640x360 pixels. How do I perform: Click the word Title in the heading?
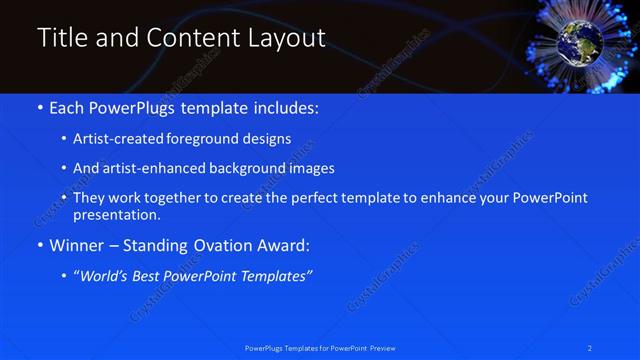point(59,38)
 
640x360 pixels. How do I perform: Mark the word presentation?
point(116,214)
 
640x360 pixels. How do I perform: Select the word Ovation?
point(228,244)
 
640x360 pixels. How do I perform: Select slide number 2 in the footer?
point(590,347)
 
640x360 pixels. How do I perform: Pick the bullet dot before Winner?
point(40,244)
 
